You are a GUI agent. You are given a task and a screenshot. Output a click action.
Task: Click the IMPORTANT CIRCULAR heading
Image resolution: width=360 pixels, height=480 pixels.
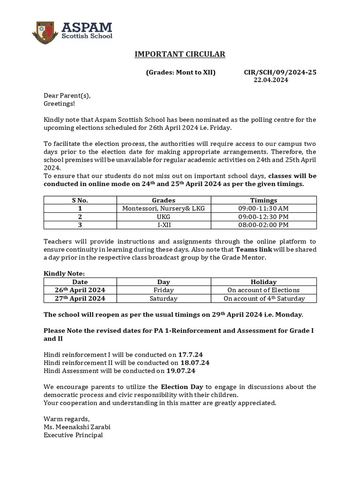(x=180, y=54)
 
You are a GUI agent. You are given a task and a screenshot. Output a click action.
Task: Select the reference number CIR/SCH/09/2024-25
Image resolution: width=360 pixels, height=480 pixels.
(x=280, y=73)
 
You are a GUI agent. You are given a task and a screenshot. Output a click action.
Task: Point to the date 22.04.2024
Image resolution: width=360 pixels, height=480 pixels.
(x=271, y=80)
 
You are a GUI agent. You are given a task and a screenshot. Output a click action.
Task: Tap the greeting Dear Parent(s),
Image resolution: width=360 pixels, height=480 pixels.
(x=67, y=96)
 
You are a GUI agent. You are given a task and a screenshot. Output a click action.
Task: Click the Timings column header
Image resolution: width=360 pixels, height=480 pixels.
(x=263, y=200)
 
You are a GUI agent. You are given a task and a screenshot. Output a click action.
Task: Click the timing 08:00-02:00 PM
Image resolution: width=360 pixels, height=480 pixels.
(x=263, y=225)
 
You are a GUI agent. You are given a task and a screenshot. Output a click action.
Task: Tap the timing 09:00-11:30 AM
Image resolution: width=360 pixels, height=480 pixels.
(x=263, y=208)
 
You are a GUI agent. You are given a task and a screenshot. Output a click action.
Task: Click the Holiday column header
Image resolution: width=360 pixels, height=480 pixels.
(x=263, y=282)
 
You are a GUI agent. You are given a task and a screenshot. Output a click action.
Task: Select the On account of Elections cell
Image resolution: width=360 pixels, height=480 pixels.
(x=263, y=290)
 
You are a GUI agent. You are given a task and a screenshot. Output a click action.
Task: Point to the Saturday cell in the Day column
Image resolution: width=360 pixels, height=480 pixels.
(x=164, y=299)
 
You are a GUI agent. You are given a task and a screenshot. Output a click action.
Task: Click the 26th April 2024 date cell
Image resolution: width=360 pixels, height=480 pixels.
(x=80, y=290)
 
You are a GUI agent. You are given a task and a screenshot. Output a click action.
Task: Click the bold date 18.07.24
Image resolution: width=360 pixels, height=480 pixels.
(x=195, y=363)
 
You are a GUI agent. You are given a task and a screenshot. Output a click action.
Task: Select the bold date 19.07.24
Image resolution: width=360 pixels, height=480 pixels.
(x=180, y=371)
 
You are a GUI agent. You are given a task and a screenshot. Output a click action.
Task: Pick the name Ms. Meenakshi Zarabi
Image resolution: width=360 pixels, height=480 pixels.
(x=77, y=427)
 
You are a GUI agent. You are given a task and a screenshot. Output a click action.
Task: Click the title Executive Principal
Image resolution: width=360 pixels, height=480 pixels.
(x=73, y=435)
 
